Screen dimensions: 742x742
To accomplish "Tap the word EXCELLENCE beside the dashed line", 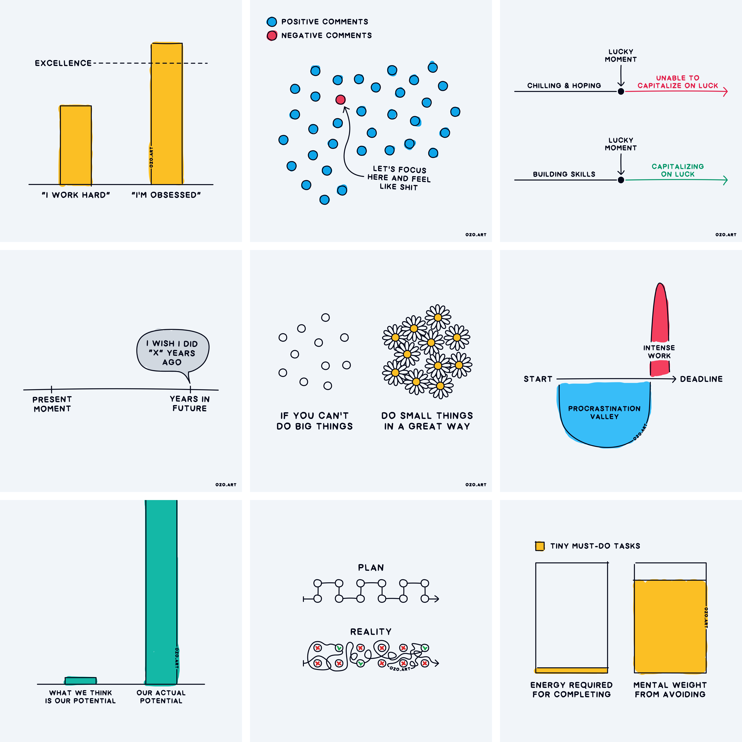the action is pyautogui.click(x=63, y=63).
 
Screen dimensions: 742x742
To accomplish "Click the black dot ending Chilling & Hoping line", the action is pyautogui.click(x=621, y=91).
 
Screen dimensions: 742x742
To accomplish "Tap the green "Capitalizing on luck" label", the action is pyautogui.click(x=678, y=170).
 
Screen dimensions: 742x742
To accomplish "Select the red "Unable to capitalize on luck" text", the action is pyautogui.click(x=678, y=82).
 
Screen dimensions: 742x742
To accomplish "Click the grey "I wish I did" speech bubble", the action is pyautogui.click(x=172, y=350).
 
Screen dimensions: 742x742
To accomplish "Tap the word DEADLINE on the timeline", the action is pyautogui.click(x=701, y=379).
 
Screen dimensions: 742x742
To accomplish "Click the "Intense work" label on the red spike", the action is pyautogui.click(x=659, y=351).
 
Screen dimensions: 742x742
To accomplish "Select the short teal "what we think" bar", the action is pyautogui.click(x=81, y=681).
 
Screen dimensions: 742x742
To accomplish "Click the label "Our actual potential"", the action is pyautogui.click(x=161, y=697).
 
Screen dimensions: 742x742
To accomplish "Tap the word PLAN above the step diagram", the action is pyautogui.click(x=371, y=568).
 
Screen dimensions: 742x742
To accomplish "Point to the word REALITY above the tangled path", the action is pyautogui.click(x=371, y=632).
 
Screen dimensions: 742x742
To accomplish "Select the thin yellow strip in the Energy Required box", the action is pyautogui.click(x=571, y=670).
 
